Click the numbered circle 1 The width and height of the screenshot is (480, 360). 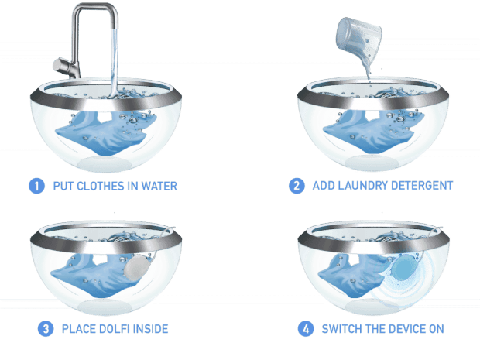pos(36,186)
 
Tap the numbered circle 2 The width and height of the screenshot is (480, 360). pos(297,186)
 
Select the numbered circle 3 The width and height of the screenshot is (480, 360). pos(46,329)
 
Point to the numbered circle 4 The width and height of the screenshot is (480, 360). pos(306,329)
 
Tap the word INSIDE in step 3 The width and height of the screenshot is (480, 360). pos(151,329)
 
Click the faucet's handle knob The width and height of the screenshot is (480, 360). pos(59,64)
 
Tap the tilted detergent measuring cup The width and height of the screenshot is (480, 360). pos(359,38)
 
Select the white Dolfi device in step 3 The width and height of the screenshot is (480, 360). pos(137,267)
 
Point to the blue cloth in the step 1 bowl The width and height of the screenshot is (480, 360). pos(105,132)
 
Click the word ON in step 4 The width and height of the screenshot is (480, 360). pos(437,329)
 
